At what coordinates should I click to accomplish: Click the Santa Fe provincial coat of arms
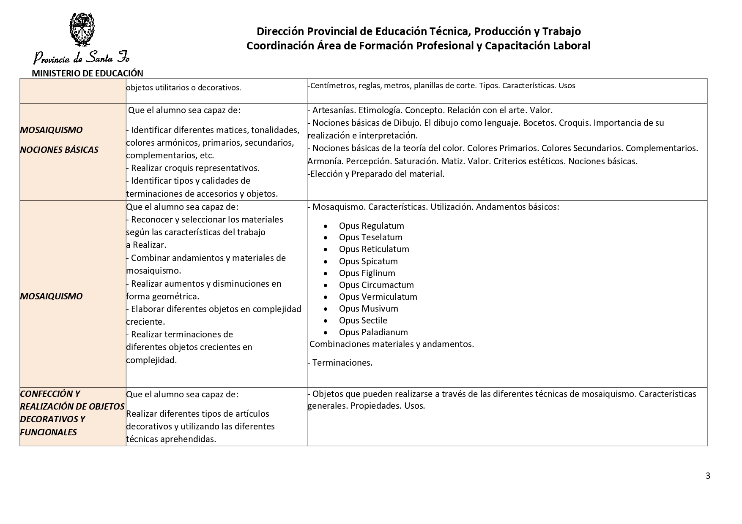coord(82,30)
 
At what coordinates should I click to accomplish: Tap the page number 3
coord(708,476)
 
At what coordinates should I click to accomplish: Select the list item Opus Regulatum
coord(371,226)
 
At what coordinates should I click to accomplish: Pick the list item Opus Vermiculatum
coord(378,297)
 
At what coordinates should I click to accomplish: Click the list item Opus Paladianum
coord(373,332)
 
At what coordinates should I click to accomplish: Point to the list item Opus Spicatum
coord(368,261)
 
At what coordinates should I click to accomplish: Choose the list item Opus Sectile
coord(363,320)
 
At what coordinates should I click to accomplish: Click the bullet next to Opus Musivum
coord(326,309)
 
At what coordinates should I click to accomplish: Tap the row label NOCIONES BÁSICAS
coord(59,150)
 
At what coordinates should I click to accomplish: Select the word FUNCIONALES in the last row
coord(48,432)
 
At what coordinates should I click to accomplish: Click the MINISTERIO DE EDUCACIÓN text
coord(88,73)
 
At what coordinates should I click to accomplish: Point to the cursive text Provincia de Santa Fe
coord(82,57)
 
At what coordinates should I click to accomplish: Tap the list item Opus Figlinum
coord(367,273)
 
